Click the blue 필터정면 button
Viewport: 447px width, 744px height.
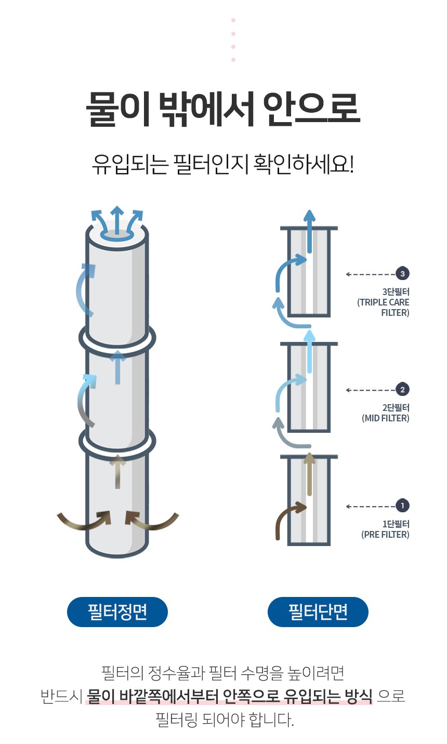click(x=117, y=612)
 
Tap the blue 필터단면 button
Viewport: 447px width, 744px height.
click(x=318, y=612)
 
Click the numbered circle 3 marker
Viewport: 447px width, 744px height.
click(x=402, y=274)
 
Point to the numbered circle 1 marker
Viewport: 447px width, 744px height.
click(x=402, y=506)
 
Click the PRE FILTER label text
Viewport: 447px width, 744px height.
click(x=385, y=535)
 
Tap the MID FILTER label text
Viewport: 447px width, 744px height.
click(x=386, y=418)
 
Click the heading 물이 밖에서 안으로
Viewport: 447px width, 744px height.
click(x=223, y=109)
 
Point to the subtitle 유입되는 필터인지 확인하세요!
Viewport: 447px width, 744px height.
click(x=223, y=164)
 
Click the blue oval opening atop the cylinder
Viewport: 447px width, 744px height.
click(x=117, y=235)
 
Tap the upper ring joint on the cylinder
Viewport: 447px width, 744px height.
click(x=117, y=338)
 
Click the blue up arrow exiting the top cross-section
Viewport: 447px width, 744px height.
click(x=309, y=231)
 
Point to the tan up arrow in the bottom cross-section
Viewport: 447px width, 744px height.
click(x=309, y=474)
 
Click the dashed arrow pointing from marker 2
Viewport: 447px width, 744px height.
click(x=371, y=390)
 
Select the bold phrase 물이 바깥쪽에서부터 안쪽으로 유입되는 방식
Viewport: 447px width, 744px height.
click(x=229, y=696)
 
